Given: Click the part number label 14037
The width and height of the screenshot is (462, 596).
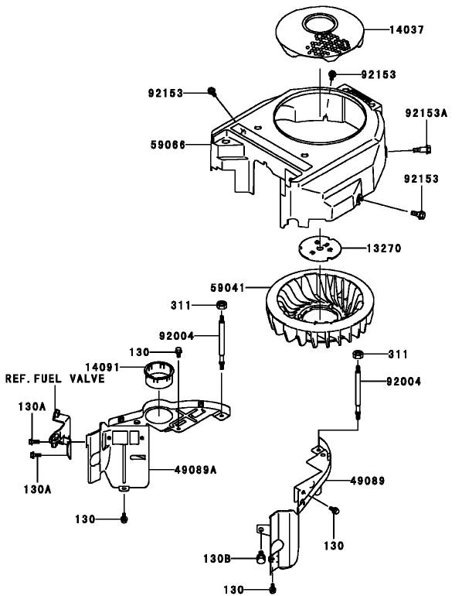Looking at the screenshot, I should pos(406,30).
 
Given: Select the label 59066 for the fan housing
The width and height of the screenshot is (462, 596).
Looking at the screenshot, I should pos(169,143).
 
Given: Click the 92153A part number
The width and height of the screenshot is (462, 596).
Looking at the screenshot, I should pos(426,113).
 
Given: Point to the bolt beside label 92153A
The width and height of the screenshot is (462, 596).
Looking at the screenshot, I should pos(423,148).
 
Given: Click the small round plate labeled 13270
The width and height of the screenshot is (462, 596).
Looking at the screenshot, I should pos(320,248).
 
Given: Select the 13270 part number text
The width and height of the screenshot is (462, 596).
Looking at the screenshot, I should pos(384,248).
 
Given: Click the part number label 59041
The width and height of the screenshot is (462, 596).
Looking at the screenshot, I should pos(229,287).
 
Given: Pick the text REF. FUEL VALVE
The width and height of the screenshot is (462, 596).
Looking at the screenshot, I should pos(51,379).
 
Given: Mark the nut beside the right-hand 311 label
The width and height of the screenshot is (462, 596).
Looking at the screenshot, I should pos(358,355).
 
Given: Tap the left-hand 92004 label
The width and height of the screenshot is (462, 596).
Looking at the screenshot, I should pos(177,336).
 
